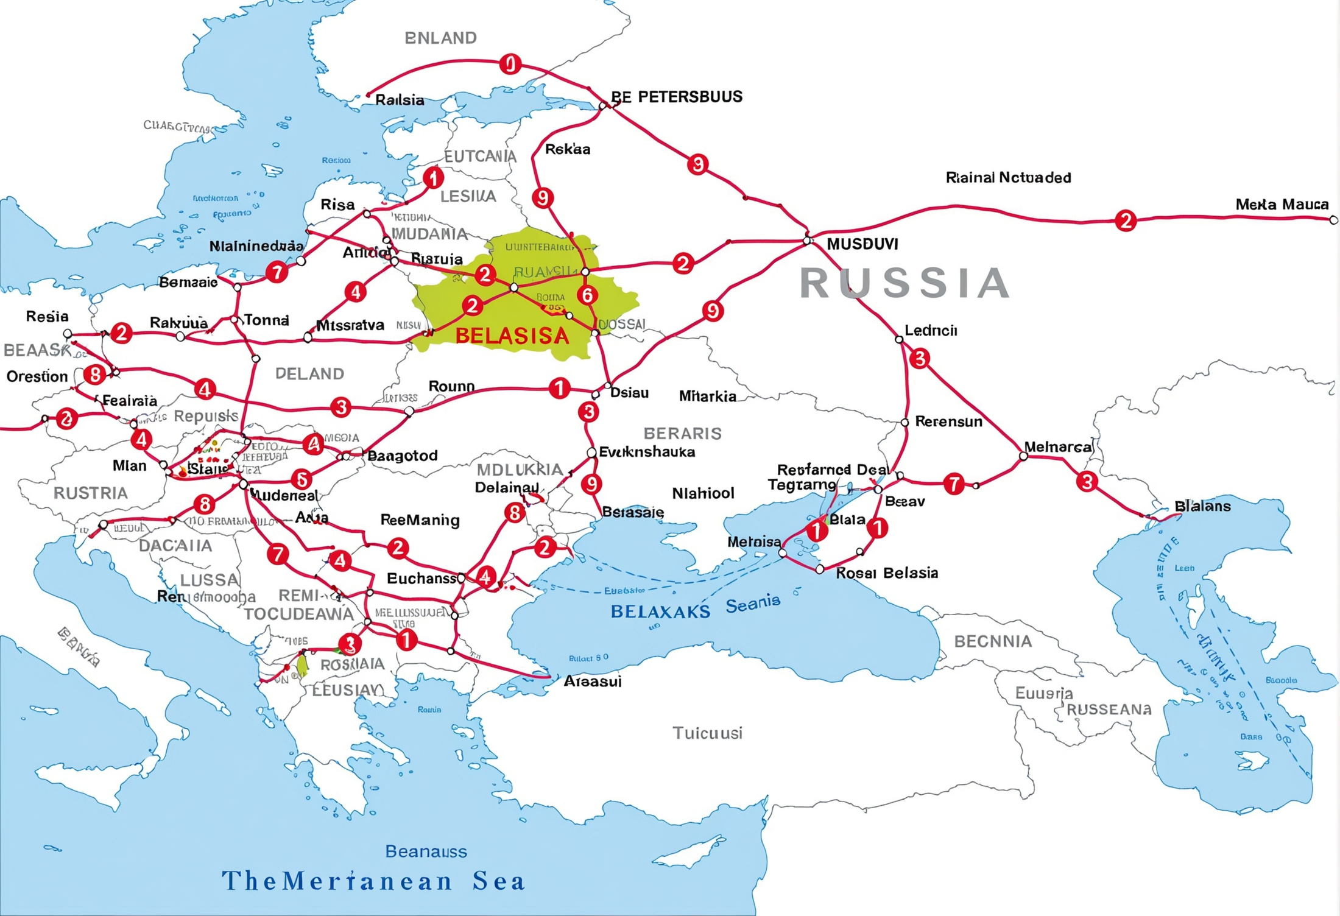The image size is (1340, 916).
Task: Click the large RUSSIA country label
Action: pyautogui.click(x=904, y=283)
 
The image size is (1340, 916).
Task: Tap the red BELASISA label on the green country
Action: pyautogui.click(x=512, y=336)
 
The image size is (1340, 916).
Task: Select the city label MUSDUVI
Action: pyautogui.click(x=862, y=244)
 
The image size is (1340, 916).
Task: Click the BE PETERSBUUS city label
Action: pyautogui.click(x=677, y=97)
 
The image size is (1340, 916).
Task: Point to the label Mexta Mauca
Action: pyautogui.click(x=1282, y=205)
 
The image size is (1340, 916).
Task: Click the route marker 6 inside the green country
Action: pyautogui.click(x=587, y=295)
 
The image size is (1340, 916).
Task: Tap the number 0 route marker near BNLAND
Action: pyautogui.click(x=510, y=64)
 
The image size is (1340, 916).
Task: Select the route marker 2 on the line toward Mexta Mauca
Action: pyautogui.click(x=1126, y=220)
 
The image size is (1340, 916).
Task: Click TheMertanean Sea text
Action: pyautogui.click(x=373, y=881)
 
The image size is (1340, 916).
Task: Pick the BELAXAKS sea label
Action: pyautogui.click(x=660, y=611)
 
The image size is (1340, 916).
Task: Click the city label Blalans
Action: pyautogui.click(x=1202, y=506)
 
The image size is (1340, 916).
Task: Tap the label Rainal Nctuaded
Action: pyautogui.click(x=1008, y=178)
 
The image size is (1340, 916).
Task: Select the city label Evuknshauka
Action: pyautogui.click(x=647, y=452)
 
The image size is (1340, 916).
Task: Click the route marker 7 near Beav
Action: pyautogui.click(x=954, y=484)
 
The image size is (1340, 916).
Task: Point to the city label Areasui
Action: pyautogui.click(x=592, y=682)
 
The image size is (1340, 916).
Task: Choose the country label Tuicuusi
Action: pyautogui.click(x=707, y=733)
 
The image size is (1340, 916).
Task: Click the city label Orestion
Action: pyautogui.click(x=37, y=376)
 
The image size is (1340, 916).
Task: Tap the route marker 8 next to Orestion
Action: pyautogui.click(x=95, y=374)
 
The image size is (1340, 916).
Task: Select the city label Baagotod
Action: pyautogui.click(x=402, y=456)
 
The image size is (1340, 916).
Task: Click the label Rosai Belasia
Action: pyautogui.click(x=887, y=573)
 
